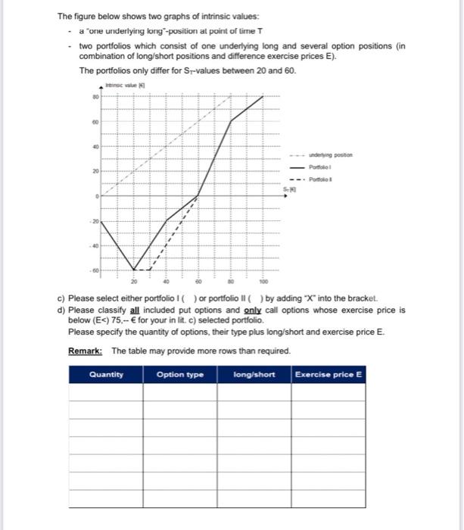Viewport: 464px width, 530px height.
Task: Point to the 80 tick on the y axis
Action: pyautogui.click(x=97, y=95)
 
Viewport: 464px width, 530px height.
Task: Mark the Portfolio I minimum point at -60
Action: pyautogui.click(x=135, y=269)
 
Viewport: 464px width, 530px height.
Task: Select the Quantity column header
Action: pyautogui.click(x=105, y=374)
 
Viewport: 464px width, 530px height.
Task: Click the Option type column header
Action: pyautogui.click(x=179, y=374)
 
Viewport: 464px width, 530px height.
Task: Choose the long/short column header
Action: pyautogui.click(x=254, y=374)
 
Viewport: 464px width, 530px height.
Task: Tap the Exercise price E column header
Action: pyautogui.click(x=328, y=374)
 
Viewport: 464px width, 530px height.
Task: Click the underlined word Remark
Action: pyautogui.click(x=86, y=351)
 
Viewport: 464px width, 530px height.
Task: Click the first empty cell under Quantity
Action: pyautogui.click(x=105, y=393)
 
